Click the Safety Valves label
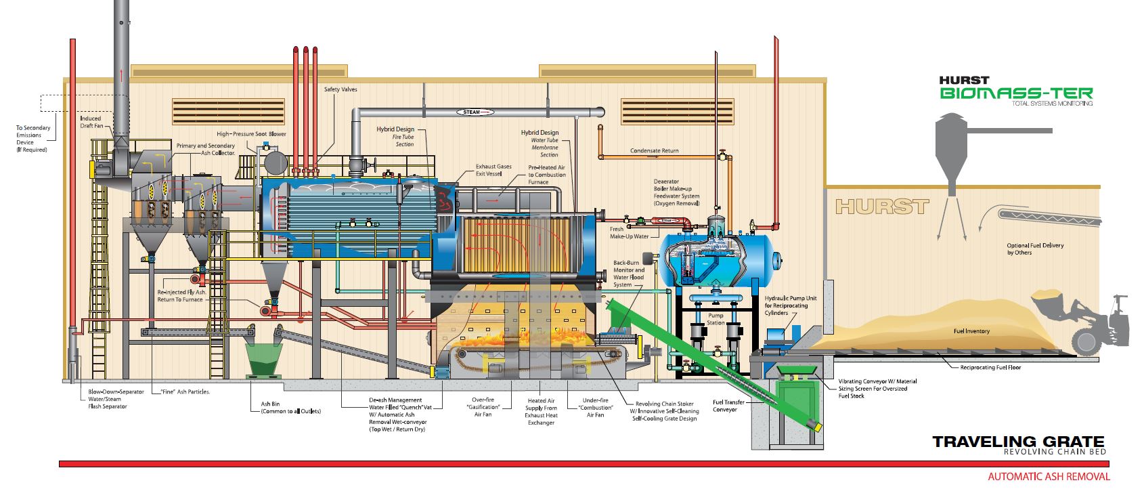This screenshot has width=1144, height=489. click(x=340, y=89)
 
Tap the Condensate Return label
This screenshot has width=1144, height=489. click(x=654, y=150)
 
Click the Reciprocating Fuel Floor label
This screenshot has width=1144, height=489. click(x=990, y=368)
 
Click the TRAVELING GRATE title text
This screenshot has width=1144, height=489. click(x=1018, y=442)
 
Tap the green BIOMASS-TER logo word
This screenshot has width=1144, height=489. click(x=1015, y=93)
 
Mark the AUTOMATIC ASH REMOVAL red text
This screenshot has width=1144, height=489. click(x=1049, y=477)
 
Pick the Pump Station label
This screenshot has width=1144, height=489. click(x=716, y=319)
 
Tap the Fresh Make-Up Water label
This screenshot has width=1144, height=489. click(x=629, y=233)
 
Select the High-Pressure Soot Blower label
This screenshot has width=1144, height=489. click(x=251, y=134)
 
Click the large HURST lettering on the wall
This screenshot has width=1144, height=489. click(x=882, y=206)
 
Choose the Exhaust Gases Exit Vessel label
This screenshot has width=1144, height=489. click(x=493, y=171)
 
